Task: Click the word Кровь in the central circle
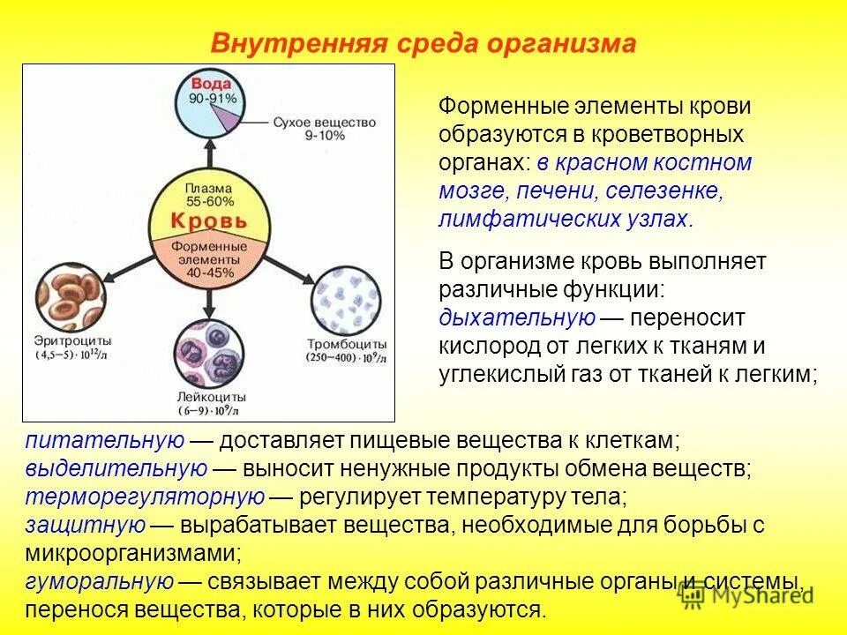(x=208, y=220)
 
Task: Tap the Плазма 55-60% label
(x=209, y=195)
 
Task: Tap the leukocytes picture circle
(x=208, y=353)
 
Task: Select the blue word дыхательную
(x=517, y=317)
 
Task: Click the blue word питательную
(x=105, y=440)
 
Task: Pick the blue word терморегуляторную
(x=146, y=497)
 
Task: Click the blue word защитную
(x=85, y=525)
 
